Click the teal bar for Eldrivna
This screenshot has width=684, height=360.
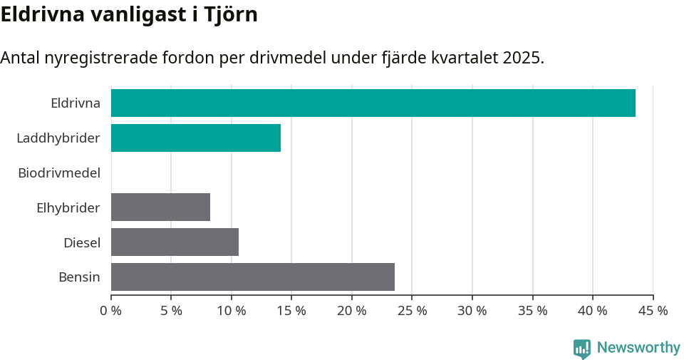(373, 103)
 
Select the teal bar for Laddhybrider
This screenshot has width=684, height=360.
(196, 138)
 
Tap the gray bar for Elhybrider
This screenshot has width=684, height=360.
(160, 207)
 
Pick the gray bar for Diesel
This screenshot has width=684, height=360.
(175, 242)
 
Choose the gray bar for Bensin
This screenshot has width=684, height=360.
(253, 277)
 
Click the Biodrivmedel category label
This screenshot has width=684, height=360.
(59, 173)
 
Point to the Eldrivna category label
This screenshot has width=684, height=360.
(76, 103)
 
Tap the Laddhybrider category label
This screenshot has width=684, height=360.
(58, 138)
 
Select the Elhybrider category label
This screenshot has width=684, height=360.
(68, 208)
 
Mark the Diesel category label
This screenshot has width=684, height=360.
(82, 243)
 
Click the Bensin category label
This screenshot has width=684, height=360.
(79, 277)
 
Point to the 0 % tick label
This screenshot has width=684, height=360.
(111, 311)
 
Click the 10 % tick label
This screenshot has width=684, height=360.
(232, 311)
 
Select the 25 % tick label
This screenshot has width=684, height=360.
(413, 311)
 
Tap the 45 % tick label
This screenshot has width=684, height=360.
(653, 311)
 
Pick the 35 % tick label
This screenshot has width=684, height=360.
(533, 311)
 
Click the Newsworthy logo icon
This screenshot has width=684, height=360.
(582, 348)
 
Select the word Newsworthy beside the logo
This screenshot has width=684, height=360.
(638, 348)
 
